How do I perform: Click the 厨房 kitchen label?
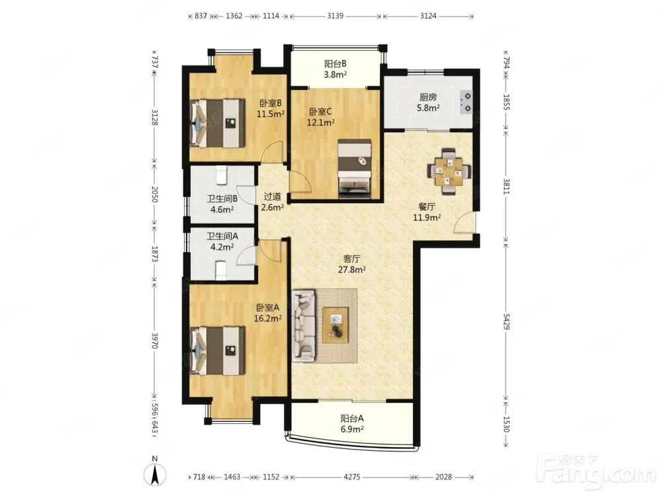pyautogui.click(x=428, y=97)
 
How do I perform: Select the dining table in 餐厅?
pyautogui.click(x=449, y=171)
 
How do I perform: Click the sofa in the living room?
pyautogui.click(x=304, y=325)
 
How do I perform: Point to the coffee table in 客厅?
pyautogui.click(x=336, y=325)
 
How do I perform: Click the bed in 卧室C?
pyautogui.click(x=355, y=169)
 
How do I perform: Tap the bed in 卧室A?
pyautogui.click(x=217, y=351)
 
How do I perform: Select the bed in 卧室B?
pyautogui.click(x=217, y=123)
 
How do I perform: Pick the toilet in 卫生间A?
pyautogui.click(x=222, y=270)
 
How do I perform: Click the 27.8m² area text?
pyautogui.click(x=352, y=270)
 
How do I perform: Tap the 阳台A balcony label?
pyautogui.click(x=352, y=419)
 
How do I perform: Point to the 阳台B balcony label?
pyautogui.click(x=336, y=63)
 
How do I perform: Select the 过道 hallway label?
pyautogui.click(x=272, y=196)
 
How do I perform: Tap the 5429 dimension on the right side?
pyautogui.click(x=506, y=321)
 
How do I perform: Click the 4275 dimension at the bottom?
pyautogui.click(x=352, y=477)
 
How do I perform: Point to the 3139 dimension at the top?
pyautogui.click(x=335, y=16)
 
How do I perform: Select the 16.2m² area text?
pyautogui.click(x=267, y=319)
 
